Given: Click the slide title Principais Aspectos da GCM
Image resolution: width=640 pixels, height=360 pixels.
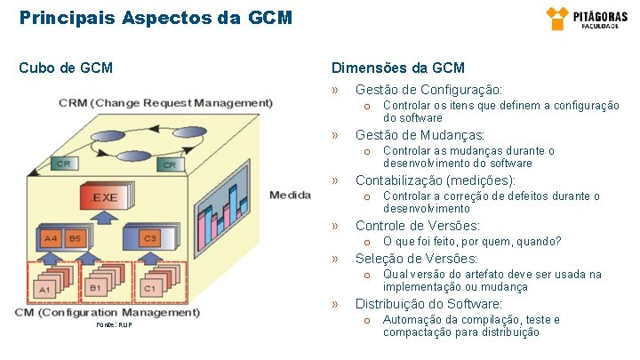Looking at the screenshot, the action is pos(156,17).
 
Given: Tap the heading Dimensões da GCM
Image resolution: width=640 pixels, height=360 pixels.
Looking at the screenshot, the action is pos(397,68).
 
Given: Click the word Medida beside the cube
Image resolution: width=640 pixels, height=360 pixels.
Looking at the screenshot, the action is pos(289,196).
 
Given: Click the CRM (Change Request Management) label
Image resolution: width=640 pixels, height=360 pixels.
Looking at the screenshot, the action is pos(166,102).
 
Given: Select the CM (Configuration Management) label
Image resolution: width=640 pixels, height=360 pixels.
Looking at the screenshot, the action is pos(108,313).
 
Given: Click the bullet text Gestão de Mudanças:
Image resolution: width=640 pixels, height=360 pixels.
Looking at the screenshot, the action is pos(420,135).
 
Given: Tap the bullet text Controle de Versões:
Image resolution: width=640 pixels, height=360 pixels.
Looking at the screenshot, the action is pos(417,226).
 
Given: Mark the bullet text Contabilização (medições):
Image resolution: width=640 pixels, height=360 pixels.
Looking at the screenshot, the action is pos(435,180).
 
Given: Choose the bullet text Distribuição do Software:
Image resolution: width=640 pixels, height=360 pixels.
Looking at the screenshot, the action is pos(428,304).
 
